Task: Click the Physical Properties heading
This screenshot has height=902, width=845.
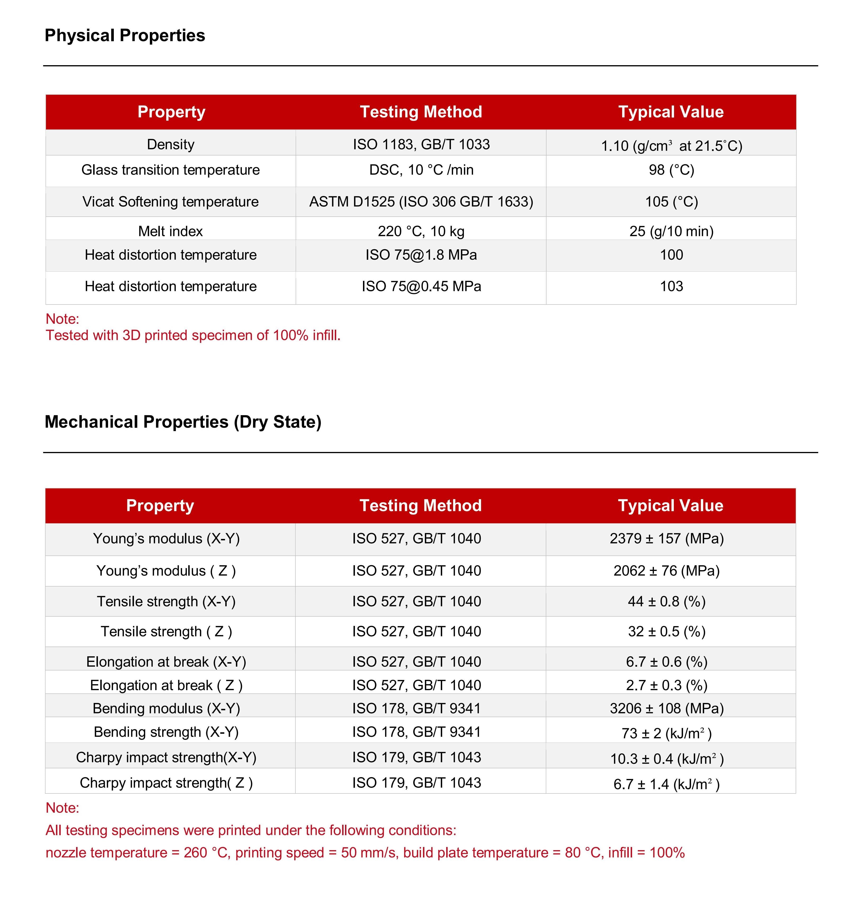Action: tap(125, 35)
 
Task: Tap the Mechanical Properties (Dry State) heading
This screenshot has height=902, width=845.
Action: tap(183, 422)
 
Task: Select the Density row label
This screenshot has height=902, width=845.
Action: tap(171, 144)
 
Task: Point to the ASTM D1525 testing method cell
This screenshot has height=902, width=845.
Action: tap(421, 201)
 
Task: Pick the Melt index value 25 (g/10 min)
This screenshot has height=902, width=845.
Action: tap(671, 231)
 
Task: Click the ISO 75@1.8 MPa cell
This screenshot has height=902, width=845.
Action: tap(421, 255)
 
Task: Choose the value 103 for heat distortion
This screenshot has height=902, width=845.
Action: tap(671, 286)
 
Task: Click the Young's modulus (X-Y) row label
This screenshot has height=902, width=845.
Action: tap(166, 538)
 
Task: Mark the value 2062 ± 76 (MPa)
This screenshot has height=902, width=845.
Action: tap(666, 571)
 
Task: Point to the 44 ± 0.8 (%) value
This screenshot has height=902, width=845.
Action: tap(666, 602)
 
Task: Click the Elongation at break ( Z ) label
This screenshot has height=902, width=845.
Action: tap(166, 685)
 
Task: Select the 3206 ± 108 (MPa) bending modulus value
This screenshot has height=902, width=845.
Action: tap(666, 709)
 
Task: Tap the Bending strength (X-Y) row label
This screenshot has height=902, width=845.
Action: tap(166, 732)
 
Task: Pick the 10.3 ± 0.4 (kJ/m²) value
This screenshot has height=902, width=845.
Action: tap(666, 759)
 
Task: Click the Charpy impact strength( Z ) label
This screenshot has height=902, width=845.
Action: tap(166, 783)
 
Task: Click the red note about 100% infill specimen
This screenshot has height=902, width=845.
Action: tap(193, 335)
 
